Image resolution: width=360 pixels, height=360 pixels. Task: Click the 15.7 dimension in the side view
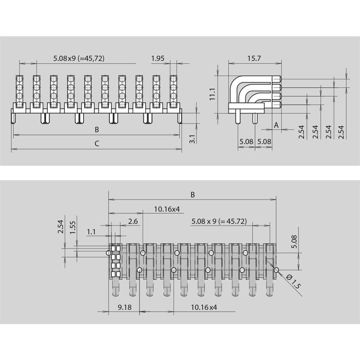[x=254, y=58]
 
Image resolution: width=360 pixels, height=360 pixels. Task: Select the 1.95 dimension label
[x=158, y=58]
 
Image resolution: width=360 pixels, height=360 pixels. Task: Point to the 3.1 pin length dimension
[x=192, y=139]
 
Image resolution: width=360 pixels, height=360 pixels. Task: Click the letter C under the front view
[x=97, y=144]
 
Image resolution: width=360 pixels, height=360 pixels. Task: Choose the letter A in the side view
[x=276, y=125]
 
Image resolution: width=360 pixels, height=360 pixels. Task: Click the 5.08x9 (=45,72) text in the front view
[x=79, y=58]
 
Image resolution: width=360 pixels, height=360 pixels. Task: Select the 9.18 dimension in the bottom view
[x=125, y=307]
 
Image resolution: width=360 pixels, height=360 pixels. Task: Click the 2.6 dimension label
[x=133, y=221]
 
